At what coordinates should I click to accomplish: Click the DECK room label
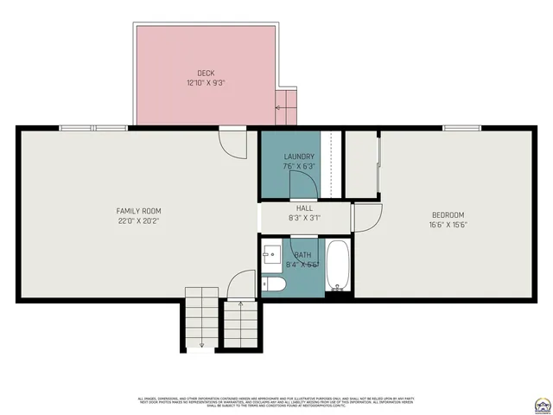tap(205, 73)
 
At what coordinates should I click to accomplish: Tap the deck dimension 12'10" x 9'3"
tap(205, 83)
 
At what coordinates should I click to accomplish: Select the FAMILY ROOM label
tap(139, 211)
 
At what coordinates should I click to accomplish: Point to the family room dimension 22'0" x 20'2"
tap(139, 221)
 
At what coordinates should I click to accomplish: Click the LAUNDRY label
tap(299, 156)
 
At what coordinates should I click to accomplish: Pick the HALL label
tap(304, 208)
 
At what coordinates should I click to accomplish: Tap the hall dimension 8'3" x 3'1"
tap(304, 218)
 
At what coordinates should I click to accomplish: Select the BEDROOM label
tap(448, 214)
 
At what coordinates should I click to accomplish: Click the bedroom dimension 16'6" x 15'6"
tap(448, 224)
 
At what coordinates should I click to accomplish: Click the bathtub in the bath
tap(337, 266)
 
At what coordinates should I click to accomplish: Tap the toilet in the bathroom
tap(275, 283)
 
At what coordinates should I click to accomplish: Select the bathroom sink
tap(270, 254)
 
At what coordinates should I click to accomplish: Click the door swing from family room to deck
tap(232, 143)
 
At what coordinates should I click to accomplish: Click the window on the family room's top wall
tap(92, 128)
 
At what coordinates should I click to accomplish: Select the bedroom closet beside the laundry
tap(361, 164)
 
